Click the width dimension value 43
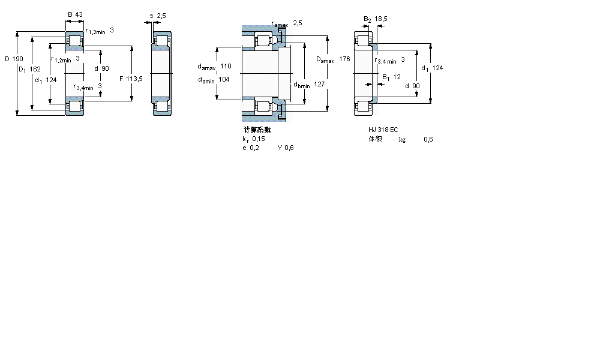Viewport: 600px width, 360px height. pos(79,14)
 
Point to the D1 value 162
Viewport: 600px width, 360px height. pos(35,70)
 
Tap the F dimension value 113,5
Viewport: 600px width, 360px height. pos(134,79)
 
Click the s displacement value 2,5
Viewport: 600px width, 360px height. pos(161,15)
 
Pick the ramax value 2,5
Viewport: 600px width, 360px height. pos(298,23)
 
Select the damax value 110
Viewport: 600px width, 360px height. pos(226,66)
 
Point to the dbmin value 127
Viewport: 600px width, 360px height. pos(319,85)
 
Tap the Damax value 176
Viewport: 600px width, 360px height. pos(344,59)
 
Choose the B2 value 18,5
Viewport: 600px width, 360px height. pos(381,19)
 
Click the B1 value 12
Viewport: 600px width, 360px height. pos(397,77)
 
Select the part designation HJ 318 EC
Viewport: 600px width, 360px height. pos(383,130)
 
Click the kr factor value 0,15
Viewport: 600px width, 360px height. pos(259,139)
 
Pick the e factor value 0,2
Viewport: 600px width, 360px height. pos(255,148)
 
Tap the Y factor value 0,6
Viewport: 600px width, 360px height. pos(289,148)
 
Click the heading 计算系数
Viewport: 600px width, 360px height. pos(257,130)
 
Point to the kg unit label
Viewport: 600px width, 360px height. pos(402,139)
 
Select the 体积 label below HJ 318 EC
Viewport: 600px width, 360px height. pos(375,139)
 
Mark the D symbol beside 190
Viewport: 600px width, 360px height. pos(7,59)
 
